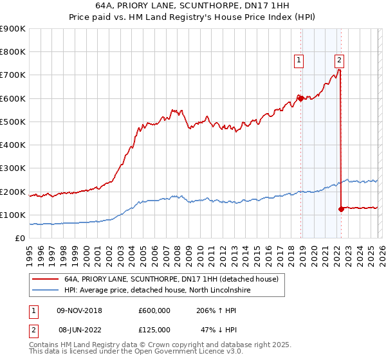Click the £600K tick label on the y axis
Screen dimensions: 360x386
tap(13, 98)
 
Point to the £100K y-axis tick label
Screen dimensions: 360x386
tap(13, 215)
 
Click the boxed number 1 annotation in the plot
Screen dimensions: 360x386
tap(299, 61)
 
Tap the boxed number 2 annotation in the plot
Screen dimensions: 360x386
tap(339, 61)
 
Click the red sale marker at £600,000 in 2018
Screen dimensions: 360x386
tap(300, 98)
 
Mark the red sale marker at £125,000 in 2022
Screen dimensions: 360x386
tap(341, 209)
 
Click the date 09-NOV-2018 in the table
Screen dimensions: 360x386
tap(80, 310)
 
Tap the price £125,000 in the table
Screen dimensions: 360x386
tap(154, 330)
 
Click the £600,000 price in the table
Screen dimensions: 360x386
tap(154, 310)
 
